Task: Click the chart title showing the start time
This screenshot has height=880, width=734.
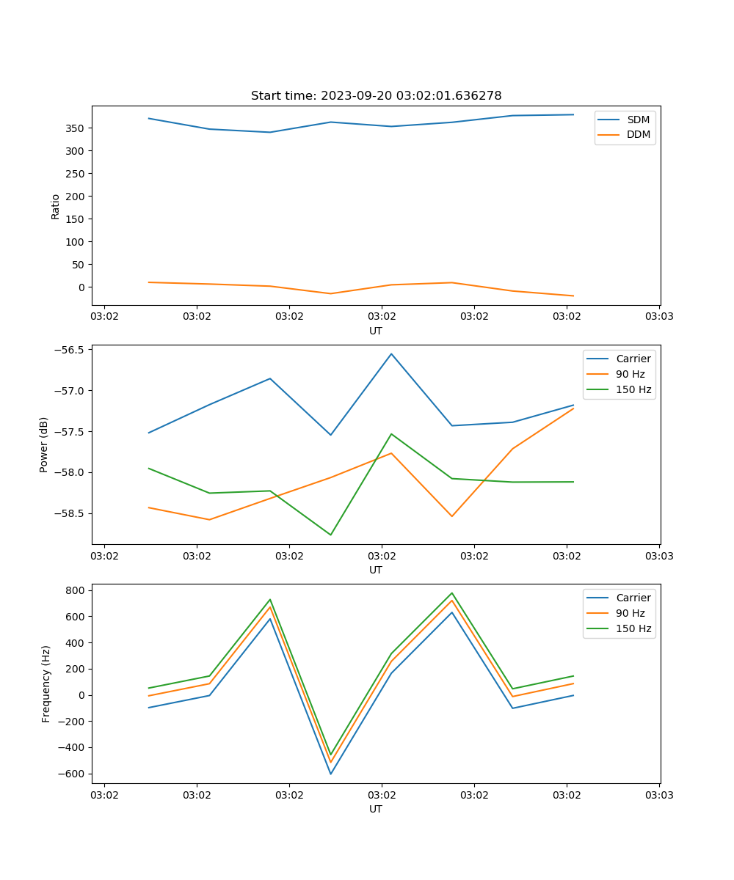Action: coord(376,96)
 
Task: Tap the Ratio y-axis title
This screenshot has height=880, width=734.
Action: coord(56,206)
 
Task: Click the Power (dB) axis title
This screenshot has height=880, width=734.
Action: coord(44,444)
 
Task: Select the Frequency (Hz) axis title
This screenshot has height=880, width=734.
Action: coord(46,683)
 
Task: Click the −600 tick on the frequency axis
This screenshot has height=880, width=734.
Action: coord(73,774)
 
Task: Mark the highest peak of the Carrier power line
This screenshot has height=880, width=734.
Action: coord(391,354)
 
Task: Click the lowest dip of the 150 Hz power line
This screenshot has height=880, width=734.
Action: coord(330,535)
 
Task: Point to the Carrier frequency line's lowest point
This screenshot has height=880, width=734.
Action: coord(330,774)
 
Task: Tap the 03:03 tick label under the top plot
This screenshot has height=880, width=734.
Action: coord(658,317)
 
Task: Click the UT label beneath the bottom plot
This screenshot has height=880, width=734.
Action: coord(376,809)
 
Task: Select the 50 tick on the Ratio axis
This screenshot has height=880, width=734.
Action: coord(79,265)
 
